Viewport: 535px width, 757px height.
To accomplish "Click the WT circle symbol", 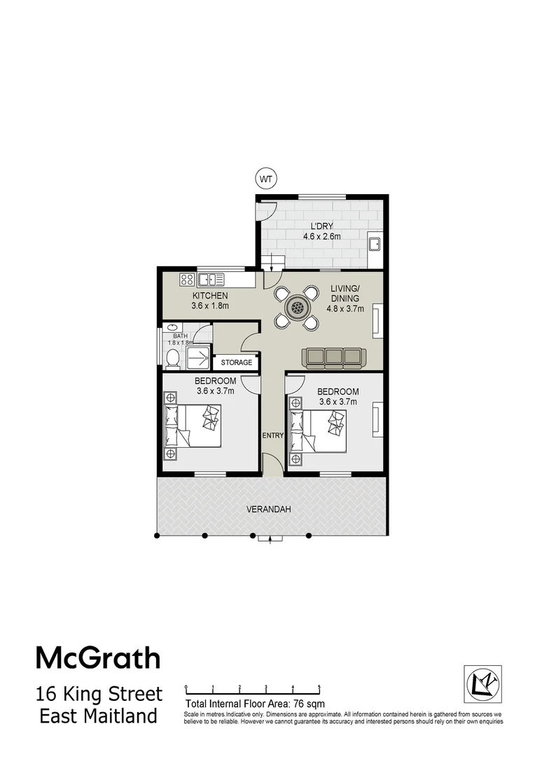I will point(265,179).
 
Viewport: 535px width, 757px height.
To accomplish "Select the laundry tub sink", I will point(375,245).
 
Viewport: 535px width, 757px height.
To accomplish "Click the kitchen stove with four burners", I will point(187,280).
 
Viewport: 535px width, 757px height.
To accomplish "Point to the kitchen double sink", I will point(211,280).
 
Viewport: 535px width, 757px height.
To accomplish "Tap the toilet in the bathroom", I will point(172,358).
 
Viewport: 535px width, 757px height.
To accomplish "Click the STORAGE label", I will point(236,362).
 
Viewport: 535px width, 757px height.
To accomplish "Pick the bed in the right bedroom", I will point(318,432).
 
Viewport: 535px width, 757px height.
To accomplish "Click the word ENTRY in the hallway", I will point(272,435).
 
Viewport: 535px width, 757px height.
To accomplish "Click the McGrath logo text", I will point(98,658).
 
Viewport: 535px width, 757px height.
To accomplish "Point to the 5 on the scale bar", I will point(319,688).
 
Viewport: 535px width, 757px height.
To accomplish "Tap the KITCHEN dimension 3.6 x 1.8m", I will point(211,306).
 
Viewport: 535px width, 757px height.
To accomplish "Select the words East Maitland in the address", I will point(98,716).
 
